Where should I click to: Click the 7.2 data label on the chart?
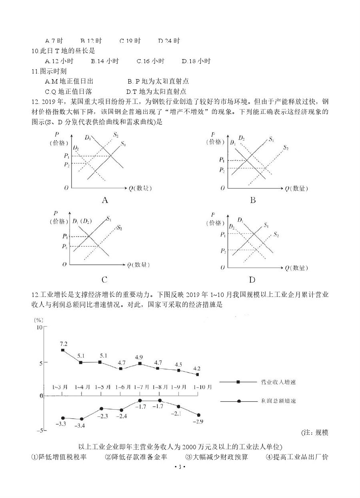(x=63, y=344)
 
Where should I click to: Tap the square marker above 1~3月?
(x=63, y=350)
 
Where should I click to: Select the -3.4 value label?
(x=80, y=425)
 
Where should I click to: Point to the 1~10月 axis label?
(x=203, y=387)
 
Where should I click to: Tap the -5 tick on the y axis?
(x=39, y=430)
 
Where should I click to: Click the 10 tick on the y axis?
(x=39, y=327)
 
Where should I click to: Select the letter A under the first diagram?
(x=105, y=200)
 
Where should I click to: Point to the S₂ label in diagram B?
(x=286, y=148)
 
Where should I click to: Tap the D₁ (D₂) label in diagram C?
(x=82, y=221)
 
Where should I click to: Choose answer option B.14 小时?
(x=105, y=61)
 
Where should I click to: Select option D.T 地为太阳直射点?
(x=156, y=92)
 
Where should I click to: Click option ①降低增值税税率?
(x=59, y=456)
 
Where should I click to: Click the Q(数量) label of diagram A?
(x=138, y=188)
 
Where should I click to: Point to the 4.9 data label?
(x=139, y=357)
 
